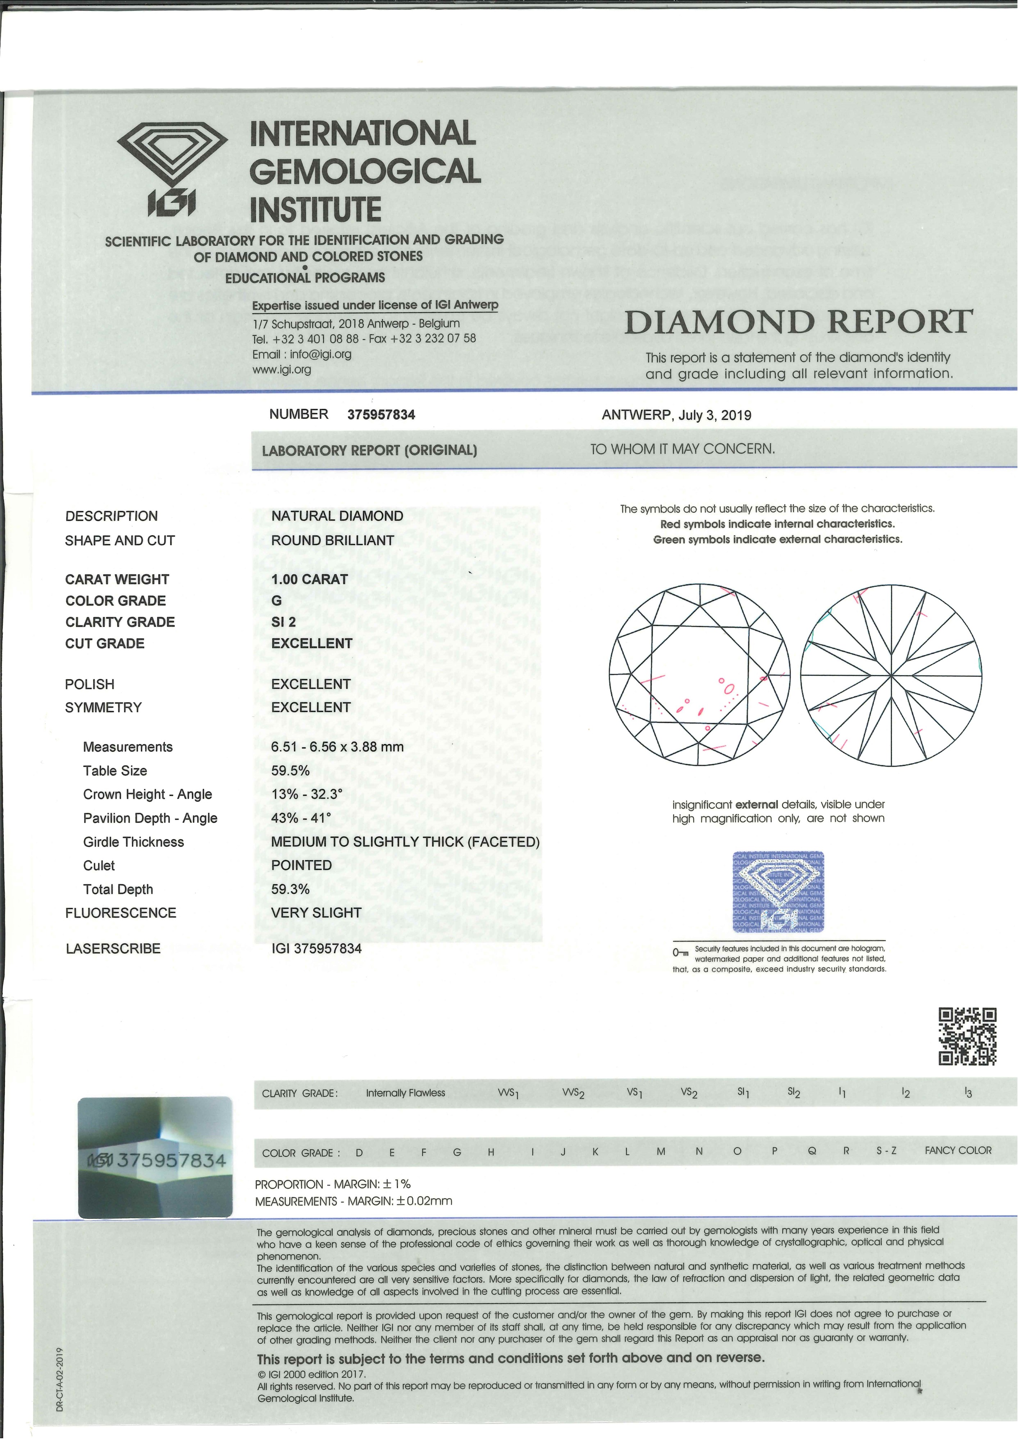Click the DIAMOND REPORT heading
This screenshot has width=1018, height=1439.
point(798,322)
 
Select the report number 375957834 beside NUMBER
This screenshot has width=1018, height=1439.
point(381,414)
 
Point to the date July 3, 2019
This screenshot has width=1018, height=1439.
point(715,415)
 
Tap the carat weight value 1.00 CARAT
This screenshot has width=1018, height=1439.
point(309,579)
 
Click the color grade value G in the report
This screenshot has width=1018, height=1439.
point(276,600)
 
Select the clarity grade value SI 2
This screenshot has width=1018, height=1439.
point(283,622)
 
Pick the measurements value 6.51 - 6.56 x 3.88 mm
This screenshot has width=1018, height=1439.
point(337,746)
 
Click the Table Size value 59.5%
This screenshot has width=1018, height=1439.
point(290,770)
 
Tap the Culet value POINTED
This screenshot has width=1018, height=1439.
point(301,865)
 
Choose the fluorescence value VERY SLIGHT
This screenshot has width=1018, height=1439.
point(316,913)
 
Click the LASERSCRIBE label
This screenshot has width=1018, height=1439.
point(113,948)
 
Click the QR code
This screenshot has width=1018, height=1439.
point(967,1036)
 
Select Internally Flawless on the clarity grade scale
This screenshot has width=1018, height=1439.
point(405,1093)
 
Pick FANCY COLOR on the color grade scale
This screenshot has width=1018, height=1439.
point(958,1150)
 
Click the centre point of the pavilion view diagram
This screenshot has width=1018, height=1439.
point(891,676)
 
